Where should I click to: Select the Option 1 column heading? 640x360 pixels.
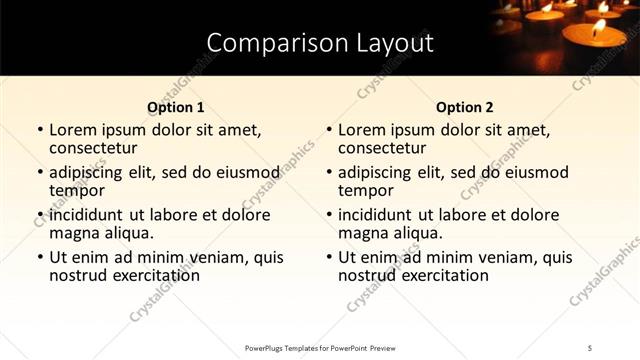(x=175, y=107)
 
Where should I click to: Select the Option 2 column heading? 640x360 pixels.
(x=464, y=107)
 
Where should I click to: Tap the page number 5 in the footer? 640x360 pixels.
(x=591, y=347)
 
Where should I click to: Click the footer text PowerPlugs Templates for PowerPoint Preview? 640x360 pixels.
(x=320, y=347)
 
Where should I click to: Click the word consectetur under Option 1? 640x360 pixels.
(x=94, y=149)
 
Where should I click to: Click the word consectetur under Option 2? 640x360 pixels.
(x=383, y=149)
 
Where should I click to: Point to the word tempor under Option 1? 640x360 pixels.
(x=77, y=191)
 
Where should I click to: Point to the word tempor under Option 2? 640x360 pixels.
(x=366, y=191)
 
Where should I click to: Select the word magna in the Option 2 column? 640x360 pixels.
(x=363, y=233)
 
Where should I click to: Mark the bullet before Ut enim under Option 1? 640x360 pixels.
(x=38, y=258)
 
